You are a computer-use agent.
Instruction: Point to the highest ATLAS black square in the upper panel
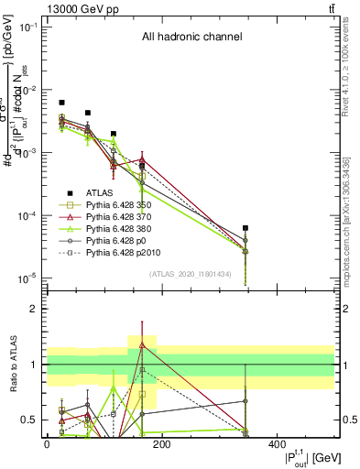point(61,103)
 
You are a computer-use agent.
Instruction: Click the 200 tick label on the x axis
point(162,443)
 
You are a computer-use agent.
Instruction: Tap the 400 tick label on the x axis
point(278,443)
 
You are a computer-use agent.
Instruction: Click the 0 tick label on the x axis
point(47,443)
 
